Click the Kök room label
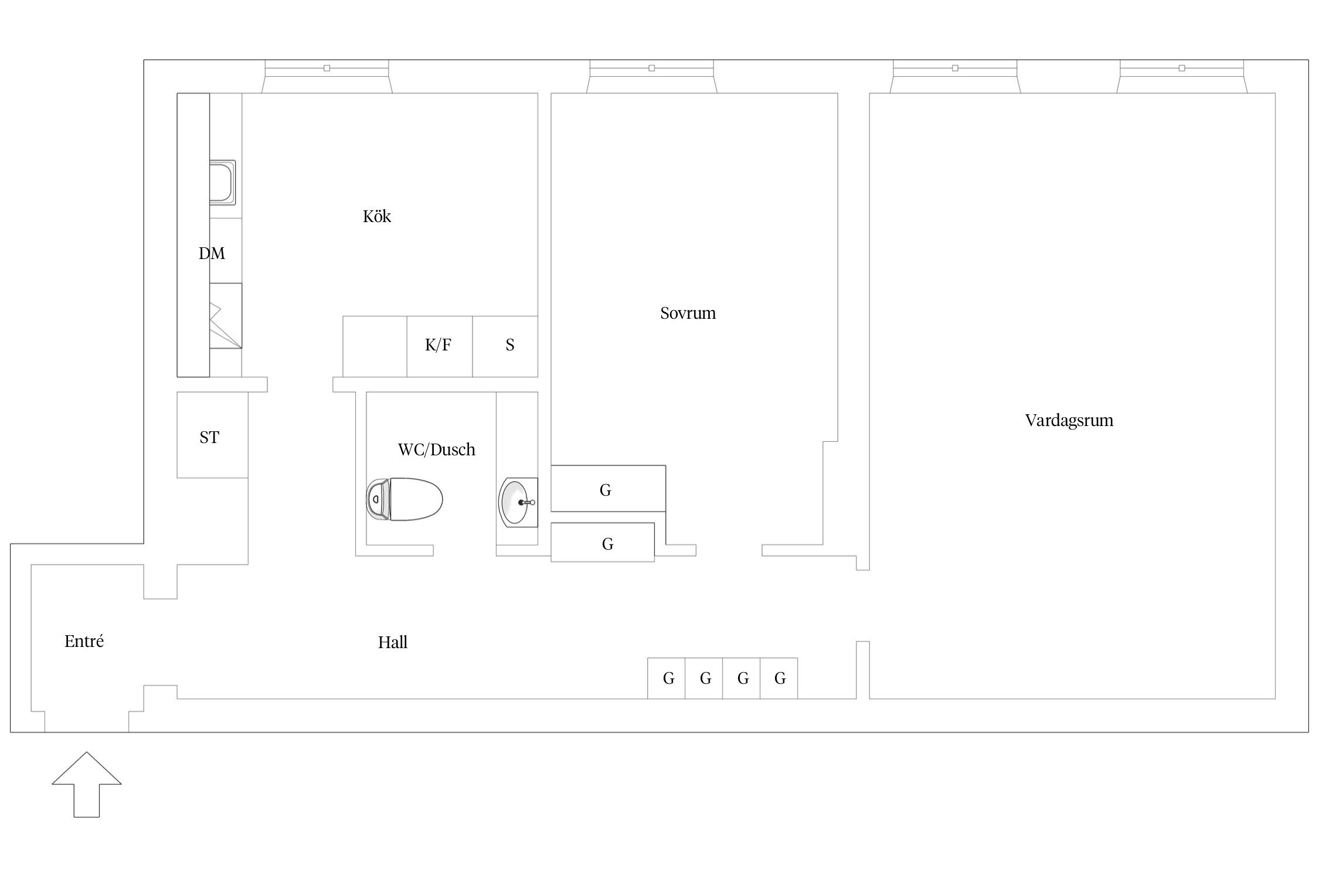pyautogui.click(x=377, y=217)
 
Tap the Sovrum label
pyautogui.click(x=688, y=314)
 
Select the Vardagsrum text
pyautogui.click(x=1069, y=421)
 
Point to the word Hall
pyautogui.click(x=393, y=643)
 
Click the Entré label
pyautogui.click(x=84, y=642)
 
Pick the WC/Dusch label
pyautogui.click(x=437, y=449)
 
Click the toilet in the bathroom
pyautogui.click(x=404, y=499)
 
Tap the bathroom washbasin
pyautogui.click(x=518, y=502)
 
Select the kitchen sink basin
pyautogui.click(x=223, y=182)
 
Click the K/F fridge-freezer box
pyautogui.click(x=440, y=346)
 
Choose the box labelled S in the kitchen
pyautogui.click(x=505, y=346)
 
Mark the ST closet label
pyautogui.click(x=209, y=438)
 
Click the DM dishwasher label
pyautogui.click(x=212, y=254)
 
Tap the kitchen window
pyautogui.click(x=327, y=76)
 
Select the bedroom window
pyautogui.click(x=652, y=76)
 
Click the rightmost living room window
pyautogui.click(x=1182, y=76)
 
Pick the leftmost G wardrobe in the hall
pyautogui.click(x=667, y=678)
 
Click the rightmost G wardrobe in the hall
pyautogui.click(x=779, y=678)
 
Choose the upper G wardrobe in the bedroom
pyautogui.click(x=608, y=488)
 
